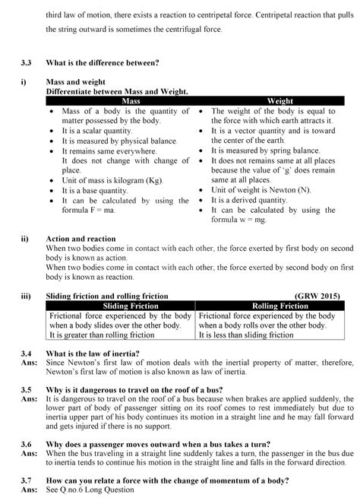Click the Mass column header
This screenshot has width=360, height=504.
pyautogui.click(x=110, y=101)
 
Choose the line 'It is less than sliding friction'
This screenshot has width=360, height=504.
pyautogui.click(x=246, y=334)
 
